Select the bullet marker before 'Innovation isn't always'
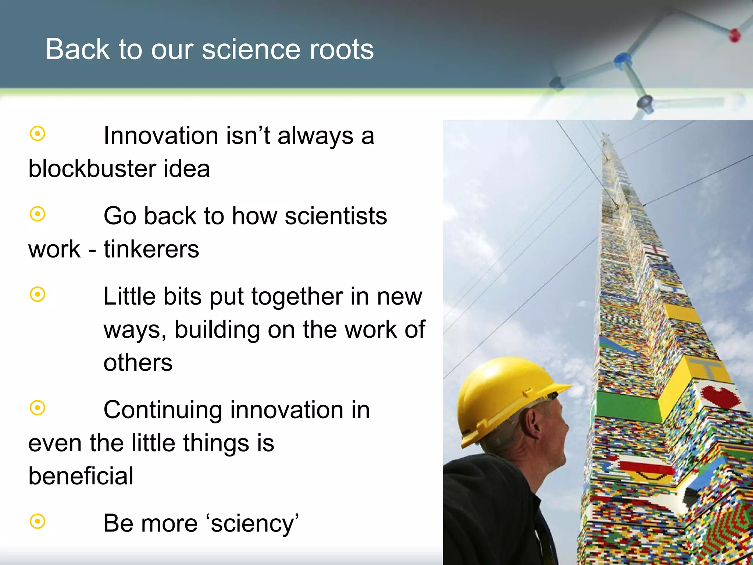point(38,134)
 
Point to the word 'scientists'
point(336,216)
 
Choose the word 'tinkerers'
point(151,249)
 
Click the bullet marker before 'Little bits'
point(38,294)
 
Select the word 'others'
point(138,363)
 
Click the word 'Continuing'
point(163,410)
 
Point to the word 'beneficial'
point(81,476)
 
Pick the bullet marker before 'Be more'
point(38,521)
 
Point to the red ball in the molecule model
point(734,35)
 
